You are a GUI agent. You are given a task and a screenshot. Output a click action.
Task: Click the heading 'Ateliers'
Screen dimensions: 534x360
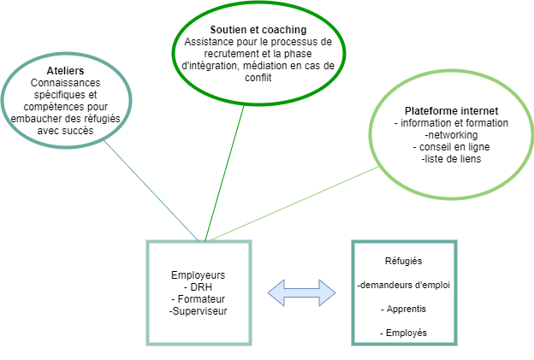65,71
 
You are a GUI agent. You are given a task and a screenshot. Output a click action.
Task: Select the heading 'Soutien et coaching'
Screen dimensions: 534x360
258,30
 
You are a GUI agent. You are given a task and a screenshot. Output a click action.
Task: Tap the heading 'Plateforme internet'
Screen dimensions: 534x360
451,111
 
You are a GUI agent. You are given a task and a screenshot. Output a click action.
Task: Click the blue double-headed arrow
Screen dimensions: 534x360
302,292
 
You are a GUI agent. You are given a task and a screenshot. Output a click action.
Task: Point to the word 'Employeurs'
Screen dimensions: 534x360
199,275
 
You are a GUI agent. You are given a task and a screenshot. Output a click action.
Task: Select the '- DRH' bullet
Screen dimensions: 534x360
198,287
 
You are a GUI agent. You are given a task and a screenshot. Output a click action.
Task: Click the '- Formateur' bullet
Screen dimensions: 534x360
199,299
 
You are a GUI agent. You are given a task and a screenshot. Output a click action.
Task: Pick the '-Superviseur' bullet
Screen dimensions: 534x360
199,311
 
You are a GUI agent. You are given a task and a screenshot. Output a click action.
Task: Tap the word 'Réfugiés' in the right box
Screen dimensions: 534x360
404,261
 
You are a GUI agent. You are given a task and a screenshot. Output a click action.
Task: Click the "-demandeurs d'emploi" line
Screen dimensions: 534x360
404,285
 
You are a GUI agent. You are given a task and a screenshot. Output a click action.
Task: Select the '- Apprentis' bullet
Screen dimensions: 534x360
404,309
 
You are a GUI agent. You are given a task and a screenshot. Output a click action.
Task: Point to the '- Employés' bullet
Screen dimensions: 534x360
404,333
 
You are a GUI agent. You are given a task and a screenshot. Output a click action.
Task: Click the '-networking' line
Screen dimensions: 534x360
451,135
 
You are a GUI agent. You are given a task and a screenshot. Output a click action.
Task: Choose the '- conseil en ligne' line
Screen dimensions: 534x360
451,147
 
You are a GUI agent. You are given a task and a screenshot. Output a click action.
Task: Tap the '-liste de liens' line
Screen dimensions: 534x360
451,159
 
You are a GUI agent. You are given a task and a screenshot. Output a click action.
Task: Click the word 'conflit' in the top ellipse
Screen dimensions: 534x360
258,78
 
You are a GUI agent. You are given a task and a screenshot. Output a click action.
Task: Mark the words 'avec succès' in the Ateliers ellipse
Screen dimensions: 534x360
65,131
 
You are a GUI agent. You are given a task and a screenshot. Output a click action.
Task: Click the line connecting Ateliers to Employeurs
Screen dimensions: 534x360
151,191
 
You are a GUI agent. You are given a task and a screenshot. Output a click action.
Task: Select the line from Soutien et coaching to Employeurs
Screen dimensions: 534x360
224,174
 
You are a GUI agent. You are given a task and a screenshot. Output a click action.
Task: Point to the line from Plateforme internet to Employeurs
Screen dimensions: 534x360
293,204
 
